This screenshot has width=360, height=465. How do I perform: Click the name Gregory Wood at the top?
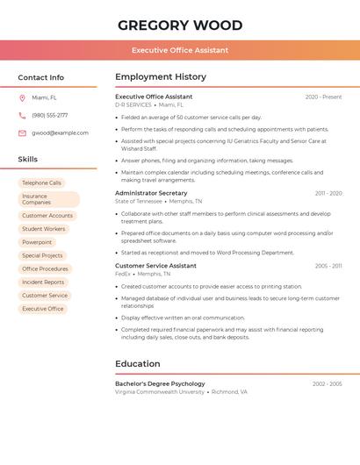180,25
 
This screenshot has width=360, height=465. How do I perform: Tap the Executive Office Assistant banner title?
180,50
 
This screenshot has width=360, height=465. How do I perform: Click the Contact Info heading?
41,77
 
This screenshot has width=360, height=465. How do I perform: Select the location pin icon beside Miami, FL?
22,98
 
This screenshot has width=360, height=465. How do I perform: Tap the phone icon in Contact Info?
22,115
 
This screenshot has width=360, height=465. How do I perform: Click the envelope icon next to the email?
22,133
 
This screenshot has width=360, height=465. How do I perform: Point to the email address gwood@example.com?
60,133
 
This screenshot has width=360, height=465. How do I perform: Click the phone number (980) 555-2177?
49,115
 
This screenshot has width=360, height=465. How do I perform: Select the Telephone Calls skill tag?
42,182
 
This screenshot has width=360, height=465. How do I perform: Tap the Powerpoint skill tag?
37,242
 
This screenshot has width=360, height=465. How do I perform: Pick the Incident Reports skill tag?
43,282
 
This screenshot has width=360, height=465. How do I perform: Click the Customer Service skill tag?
45,296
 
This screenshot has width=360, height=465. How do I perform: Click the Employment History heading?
161,77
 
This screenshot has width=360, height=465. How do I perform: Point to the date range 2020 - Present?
323,97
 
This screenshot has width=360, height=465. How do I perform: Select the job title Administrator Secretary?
151,193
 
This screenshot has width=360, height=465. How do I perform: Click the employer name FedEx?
122,274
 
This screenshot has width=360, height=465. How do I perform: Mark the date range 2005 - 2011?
328,266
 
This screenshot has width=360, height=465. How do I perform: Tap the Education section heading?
138,364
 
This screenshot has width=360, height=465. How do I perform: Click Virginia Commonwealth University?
160,392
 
